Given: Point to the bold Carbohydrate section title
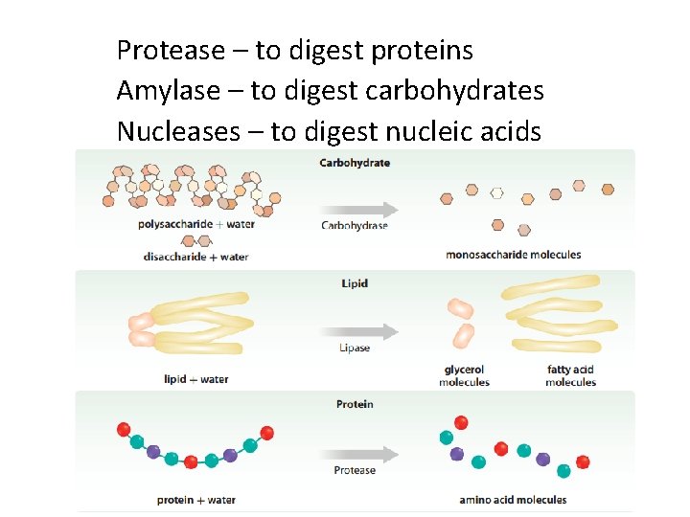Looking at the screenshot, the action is click(355, 163).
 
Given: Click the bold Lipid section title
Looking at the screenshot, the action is click(355, 283).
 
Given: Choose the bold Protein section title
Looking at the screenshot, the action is click(355, 404).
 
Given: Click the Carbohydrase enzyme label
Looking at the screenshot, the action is click(355, 226).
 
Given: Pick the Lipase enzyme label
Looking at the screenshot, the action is click(355, 348).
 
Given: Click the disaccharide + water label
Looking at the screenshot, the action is click(195, 257).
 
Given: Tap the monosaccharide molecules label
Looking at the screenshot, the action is click(514, 255).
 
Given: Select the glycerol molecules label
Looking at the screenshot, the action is click(464, 376).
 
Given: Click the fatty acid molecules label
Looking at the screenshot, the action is click(571, 376).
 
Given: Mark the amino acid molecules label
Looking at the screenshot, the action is click(513, 500).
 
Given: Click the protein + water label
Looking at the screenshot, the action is click(196, 500).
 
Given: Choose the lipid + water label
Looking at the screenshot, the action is click(196, 379).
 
